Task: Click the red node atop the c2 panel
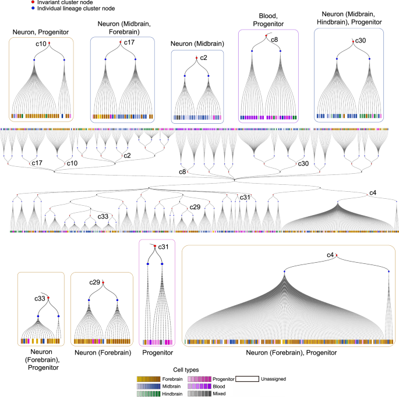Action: [196, 58]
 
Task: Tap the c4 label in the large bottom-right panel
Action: [330, 255]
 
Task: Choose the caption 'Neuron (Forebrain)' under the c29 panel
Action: [102, 352]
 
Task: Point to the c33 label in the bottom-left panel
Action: [38, 298]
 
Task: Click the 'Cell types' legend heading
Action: [189, 369]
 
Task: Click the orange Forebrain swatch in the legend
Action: [146, 379]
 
